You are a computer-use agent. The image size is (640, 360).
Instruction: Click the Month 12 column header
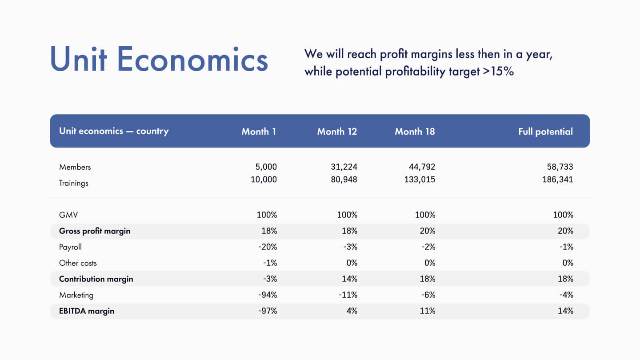pyautogui.click(x=337, y=132)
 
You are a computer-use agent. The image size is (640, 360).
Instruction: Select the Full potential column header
pyautogui.click(x=545, y=132)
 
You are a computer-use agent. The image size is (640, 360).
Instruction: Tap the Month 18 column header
pyautogui.click(x=415, y=132)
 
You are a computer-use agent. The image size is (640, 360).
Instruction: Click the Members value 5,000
pyautogui.click(x=266, y=167)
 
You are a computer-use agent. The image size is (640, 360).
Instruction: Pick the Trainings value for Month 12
pyautogui.click(x=344, y=180)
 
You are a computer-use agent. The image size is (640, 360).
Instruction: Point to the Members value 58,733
pyautogui.click(x=560, y=167)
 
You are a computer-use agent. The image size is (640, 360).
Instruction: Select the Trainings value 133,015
pyautogui.click(x=420, y=180)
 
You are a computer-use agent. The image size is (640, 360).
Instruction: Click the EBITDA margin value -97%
pyautogui.click(x=268, y=311)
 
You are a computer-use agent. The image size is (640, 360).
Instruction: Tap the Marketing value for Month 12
pyautogui.click(x=348, y=295)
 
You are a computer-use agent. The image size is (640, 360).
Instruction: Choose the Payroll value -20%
pyautogui.click(x=268, y=247)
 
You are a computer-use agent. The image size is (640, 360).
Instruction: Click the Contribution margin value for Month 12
pyautogui.click(x=350, y=279)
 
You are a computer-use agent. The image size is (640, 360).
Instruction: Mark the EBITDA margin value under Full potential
pyautogui.click(x=566, y=311)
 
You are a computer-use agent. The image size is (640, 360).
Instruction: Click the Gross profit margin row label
pyautogui.click(x=95, y=231)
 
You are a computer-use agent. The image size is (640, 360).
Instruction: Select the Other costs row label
pyautogui.click(x=78, y=263)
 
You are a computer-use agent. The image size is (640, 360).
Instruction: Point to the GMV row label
pyautogui.click(x=68, y=215)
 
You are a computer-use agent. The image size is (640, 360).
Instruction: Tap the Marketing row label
pyautogui.click(x=76, y=295)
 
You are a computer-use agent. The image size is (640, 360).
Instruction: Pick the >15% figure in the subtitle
pyautogui.click(x=498, y=71)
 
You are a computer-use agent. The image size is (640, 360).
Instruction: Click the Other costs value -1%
pyautogui.click(x=270, y=263)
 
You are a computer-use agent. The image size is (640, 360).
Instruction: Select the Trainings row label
pyautogui.click(x=74, y=183)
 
